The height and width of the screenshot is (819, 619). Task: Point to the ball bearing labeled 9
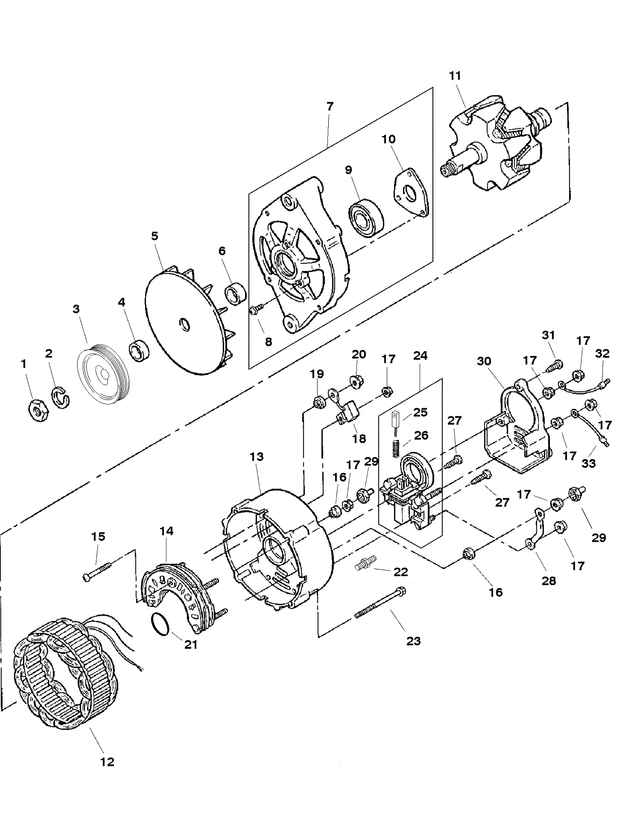coord(365,218)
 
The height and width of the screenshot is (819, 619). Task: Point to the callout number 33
coord(589,463)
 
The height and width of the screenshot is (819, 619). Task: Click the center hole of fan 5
coord(184,324)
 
